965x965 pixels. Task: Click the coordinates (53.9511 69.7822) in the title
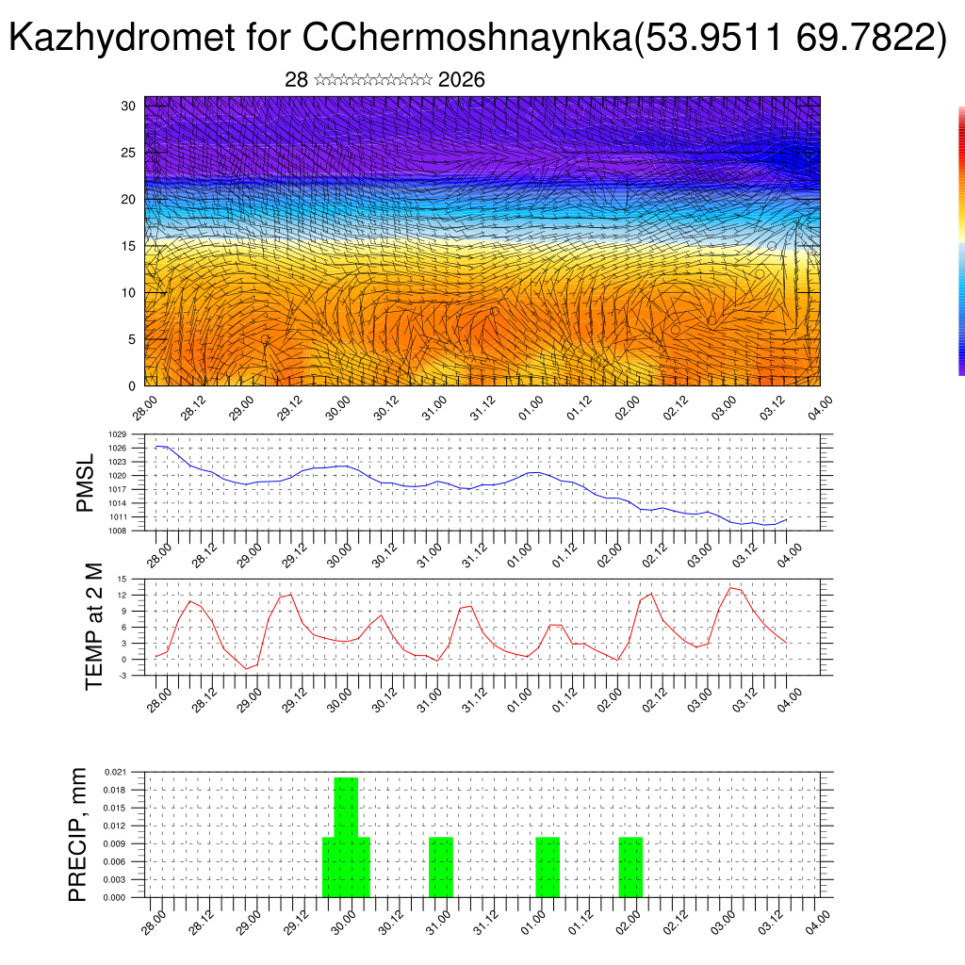tap(792, 39)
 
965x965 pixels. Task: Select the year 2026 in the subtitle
tap(462, 80)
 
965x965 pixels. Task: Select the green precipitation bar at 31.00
tap(441, 867)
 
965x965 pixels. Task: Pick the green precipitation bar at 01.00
tap(548, 867)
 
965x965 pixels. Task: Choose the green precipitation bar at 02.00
tap(630, 867)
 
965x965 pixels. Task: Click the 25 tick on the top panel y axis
tap(129, 152)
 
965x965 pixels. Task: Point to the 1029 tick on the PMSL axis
tap(118, 434)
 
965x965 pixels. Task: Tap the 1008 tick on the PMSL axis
tap(118, 531)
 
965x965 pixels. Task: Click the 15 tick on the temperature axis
tap(122, 579)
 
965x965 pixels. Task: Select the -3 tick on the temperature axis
tap(122, 675)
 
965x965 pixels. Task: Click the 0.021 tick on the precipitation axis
tap(114, 772)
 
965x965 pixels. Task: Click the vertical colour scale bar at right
tap(961, 240)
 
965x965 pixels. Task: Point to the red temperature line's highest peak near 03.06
tap(731, 588)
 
